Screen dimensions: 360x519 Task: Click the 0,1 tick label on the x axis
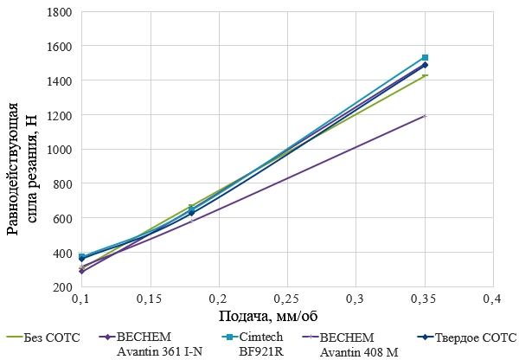[82, 299]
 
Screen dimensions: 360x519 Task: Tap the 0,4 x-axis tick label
[492, 299]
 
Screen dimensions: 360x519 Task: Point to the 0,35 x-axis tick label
[424, 299]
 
